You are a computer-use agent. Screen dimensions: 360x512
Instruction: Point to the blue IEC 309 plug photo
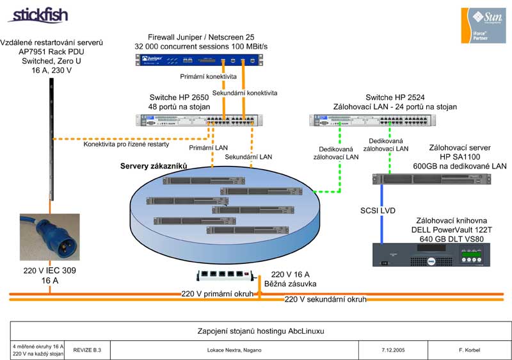point(49,236)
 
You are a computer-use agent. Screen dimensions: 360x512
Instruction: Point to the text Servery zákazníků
point(153,167)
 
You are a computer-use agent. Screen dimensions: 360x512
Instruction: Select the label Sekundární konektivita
point(244,93)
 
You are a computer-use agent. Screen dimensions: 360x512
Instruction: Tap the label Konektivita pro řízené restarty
point(126,144)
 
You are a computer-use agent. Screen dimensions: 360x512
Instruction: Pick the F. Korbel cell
point(470,350)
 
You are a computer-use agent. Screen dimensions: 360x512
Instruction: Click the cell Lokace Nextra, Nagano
point(234,350)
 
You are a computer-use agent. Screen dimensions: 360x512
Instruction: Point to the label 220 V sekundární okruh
point(325,299)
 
